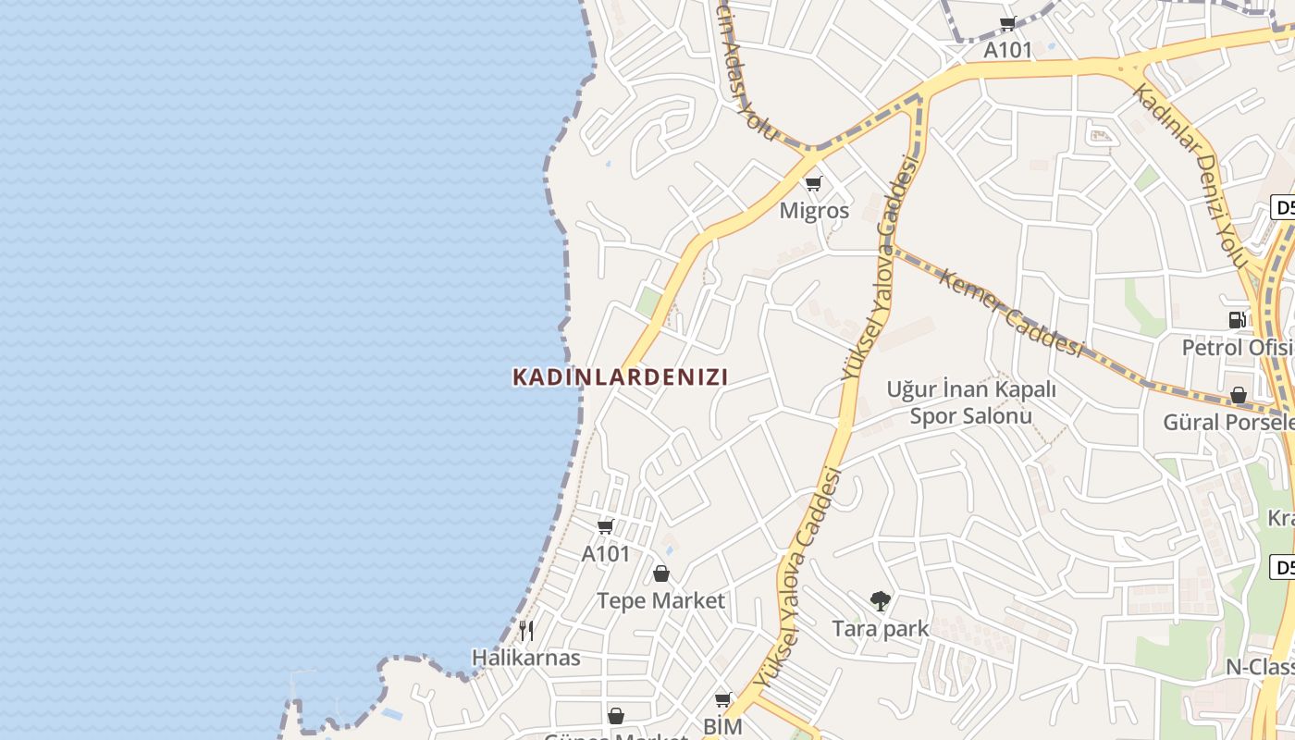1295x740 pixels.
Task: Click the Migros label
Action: (x=814, y=210)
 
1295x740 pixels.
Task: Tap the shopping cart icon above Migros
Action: (x=814, y=183)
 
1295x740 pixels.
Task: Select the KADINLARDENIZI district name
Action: (x=621, y=376)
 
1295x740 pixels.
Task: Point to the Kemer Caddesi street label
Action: (x=1009, y=312)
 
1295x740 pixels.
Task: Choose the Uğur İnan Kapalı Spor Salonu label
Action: (x=970, y=402)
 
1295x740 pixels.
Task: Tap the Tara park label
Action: (x=880, y=629)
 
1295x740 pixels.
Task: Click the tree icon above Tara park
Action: (x=880, y=601)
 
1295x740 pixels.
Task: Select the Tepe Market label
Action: (x=660, y=600)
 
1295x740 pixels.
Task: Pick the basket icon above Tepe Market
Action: (x=661, y=573)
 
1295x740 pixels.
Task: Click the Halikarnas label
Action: (x=526, y=658)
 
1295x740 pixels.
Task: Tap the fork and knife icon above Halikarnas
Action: (x=526, y=631)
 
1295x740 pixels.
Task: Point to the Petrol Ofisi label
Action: (x=1237, y=347)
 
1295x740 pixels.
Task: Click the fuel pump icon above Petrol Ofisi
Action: (x=1237, y=320)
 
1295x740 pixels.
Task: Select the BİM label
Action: (x=722, y=726)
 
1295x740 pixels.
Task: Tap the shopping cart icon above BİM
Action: (x=722, y=699)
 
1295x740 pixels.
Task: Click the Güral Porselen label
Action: (x=1228, y=422)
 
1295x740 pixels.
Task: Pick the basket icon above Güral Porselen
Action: (x=1239, y=396)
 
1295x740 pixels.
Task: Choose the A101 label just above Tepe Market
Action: (x=605, y=553)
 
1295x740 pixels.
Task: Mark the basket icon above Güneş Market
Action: (x=616, y=716)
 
